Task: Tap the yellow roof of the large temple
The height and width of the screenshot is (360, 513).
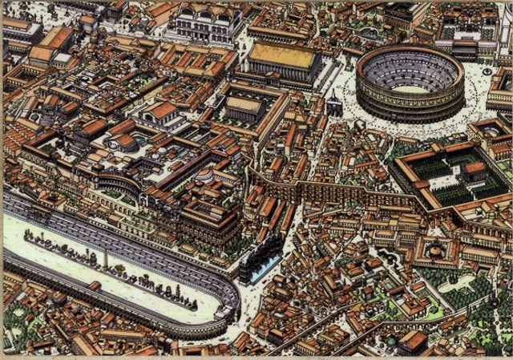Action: click(281, 55)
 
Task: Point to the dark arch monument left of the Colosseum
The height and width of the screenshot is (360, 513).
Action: click(333, 104)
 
